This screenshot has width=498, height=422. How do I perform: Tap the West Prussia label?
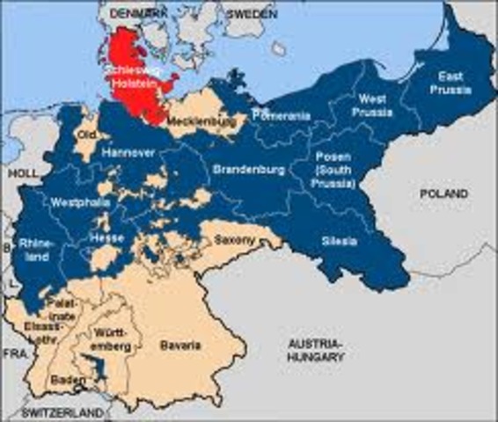371,105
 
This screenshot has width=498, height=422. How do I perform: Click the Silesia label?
339,241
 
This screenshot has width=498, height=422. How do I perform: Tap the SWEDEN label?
252,16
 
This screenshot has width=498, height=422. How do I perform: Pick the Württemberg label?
114,339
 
